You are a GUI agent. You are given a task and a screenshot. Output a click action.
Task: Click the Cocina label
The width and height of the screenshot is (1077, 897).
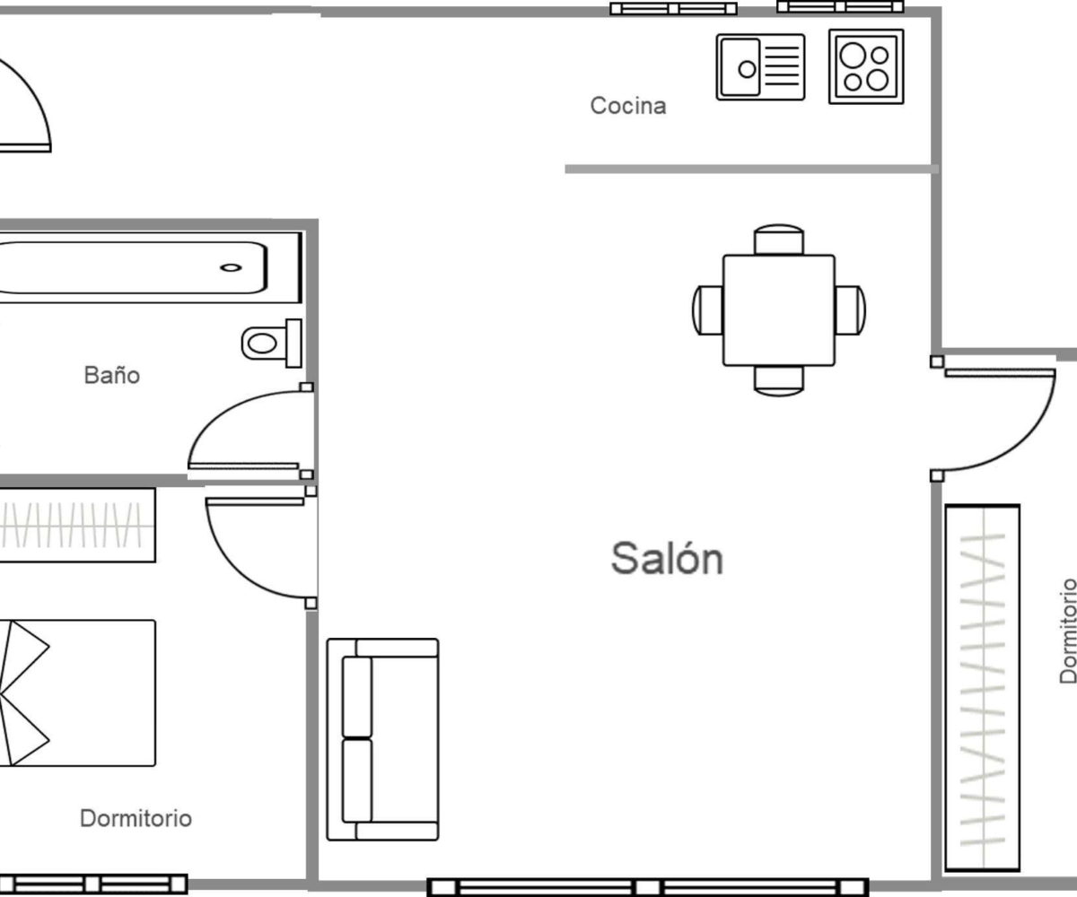(x=627, y=106)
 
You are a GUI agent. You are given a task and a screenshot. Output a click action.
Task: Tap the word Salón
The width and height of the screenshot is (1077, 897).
(x=667, y=558)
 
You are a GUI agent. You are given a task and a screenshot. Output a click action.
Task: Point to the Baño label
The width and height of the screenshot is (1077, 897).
(x=112, y=374)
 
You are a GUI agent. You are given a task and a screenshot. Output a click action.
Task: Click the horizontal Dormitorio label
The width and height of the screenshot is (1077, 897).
(x=136, y=818)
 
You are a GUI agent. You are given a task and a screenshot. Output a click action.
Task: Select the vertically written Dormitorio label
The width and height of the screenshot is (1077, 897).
(x=1067, y=631)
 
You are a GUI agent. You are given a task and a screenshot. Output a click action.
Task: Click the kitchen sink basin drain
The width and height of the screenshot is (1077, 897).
(x=747, y=69)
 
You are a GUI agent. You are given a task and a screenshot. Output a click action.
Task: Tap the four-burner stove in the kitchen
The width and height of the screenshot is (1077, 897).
(x=866, y=66)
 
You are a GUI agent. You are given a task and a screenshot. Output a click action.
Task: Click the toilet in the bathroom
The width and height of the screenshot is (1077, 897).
(x=272, y=343)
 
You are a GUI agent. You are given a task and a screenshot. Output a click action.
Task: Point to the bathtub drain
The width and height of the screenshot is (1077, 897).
(x=231, y=267)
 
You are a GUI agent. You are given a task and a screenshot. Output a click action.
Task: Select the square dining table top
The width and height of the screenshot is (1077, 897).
(x=779, y=310)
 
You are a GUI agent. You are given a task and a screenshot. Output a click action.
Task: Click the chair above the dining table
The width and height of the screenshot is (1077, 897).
(x=779, y=239)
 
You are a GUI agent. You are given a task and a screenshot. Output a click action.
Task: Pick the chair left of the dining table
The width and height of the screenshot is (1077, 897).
(x=708, y=310)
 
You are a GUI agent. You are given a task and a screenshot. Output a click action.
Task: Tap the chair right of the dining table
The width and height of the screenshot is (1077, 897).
(x=850, y=310)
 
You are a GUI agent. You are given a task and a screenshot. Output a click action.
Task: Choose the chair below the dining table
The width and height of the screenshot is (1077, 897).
(x=779, y=381)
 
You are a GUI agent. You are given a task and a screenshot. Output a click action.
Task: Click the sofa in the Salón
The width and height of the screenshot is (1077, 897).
(x=382, y=740)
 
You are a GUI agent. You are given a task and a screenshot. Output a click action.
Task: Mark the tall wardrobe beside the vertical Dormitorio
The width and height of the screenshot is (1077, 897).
(x=983, y=688)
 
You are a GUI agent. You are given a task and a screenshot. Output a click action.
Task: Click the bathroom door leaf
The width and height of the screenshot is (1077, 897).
(x=243, y=466)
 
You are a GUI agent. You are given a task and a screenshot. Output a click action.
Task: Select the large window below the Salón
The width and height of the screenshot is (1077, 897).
(x=648, y=887)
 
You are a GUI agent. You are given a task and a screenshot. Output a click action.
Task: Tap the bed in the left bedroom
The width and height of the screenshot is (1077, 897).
(x=77, y=692)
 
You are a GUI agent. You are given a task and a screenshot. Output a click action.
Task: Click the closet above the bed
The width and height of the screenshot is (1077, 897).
(x=77, y=525)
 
